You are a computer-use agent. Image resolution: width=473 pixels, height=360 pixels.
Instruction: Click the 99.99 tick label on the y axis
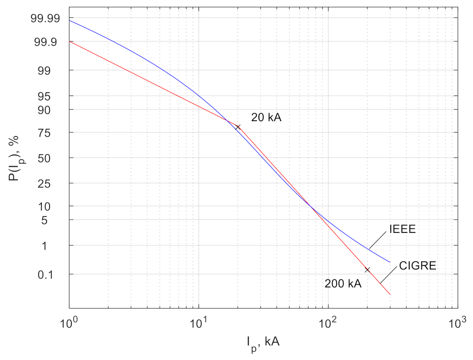[x=45, y=19]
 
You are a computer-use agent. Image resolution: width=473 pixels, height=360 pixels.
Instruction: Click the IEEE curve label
[x=402, y=229]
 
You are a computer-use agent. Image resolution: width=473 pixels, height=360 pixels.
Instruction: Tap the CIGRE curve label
[x=417, y=266]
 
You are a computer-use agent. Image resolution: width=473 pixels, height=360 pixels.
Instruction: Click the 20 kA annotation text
[x=266, y=118]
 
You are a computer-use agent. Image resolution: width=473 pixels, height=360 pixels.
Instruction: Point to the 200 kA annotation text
[x=343, y=284]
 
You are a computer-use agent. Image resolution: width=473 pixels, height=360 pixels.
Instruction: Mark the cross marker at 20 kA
[x=238, y=127]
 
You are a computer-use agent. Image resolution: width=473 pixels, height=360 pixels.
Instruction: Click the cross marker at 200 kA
[x=367, y=270]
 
